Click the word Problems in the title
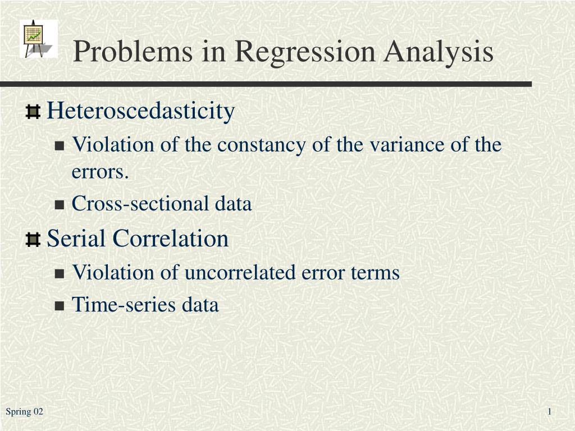click(x=133, y=51)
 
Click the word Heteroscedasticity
click(x=141, y=111)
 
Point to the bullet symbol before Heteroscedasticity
click(x=33, y=112)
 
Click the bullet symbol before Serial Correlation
click(x=33, y=240)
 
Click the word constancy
click(x=261, y=145)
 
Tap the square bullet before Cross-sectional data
click(x=60, y=204)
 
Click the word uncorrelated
click(x=240, y=272)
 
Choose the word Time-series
click(x=124, y=305)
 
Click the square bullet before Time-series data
click(x=60, y=306)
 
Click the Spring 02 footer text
click(x=24, y=412)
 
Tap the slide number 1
click(x=550, y=411)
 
